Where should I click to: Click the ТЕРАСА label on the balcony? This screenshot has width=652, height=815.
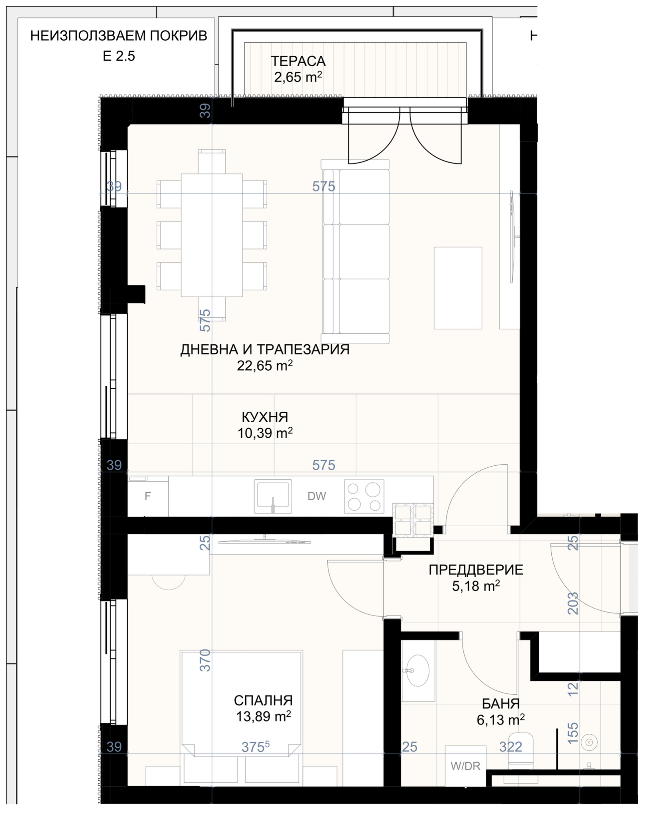pos(298,61)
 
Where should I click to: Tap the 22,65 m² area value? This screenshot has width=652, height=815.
pos(265,365)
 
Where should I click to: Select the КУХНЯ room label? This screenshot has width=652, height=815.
pos(265,417)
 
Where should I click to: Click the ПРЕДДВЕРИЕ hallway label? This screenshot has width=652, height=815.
pos(476,570)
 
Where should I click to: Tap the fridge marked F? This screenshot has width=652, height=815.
pos(148,496)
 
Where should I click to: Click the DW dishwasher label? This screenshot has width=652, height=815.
pos(317,496)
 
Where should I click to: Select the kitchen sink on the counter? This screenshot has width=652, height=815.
pos(273,496)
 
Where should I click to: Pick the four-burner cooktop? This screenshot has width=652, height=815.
pos(364,496)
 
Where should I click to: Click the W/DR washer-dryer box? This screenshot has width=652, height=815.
pos(465,766)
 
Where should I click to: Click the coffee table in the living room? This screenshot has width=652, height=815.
pos(458,288)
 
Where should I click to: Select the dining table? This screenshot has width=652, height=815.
pos(212,235)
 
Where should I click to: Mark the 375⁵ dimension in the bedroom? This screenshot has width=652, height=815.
pos(256,747)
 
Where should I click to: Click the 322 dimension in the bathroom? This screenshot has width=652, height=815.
pos(511,746)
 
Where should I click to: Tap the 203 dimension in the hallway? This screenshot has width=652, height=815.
pos(573,603)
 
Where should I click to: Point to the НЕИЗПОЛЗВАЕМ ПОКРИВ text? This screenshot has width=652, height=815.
pos(119,36)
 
